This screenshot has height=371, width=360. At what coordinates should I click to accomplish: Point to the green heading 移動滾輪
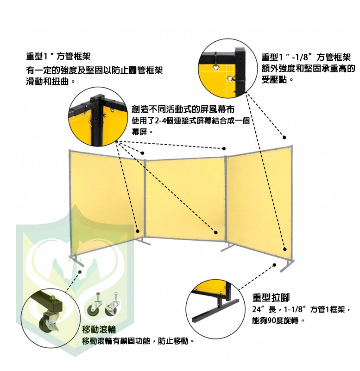[99, 330]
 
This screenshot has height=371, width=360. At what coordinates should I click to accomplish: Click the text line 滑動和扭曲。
[51, 81]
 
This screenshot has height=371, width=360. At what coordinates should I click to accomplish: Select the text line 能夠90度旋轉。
[278, 320]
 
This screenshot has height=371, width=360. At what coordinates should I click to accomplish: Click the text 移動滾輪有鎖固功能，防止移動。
[137, 341]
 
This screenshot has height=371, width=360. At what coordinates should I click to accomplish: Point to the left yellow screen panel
[107, 199]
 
